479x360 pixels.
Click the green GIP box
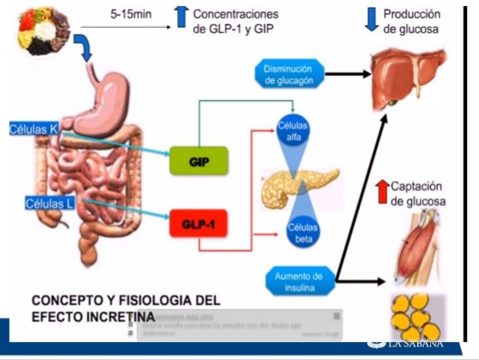(198, 162)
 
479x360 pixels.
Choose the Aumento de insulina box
(298, 280)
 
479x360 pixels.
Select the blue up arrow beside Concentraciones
(181, 17)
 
